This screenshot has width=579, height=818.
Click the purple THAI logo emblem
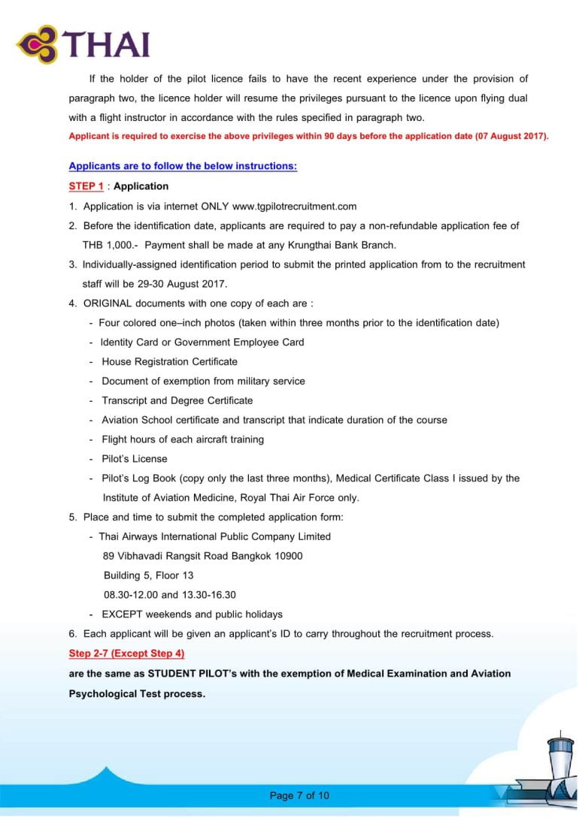(39, 45)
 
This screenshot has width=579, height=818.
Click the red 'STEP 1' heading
(86, 186)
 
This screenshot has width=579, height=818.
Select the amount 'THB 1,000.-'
(110, 245)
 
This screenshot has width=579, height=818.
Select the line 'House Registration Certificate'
(169, 361)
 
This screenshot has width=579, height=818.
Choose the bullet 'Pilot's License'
(135, 459)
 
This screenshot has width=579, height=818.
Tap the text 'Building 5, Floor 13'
(148, 575)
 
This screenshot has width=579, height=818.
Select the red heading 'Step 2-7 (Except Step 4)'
(126, 653)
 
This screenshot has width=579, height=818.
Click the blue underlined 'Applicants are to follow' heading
(183, 166)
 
